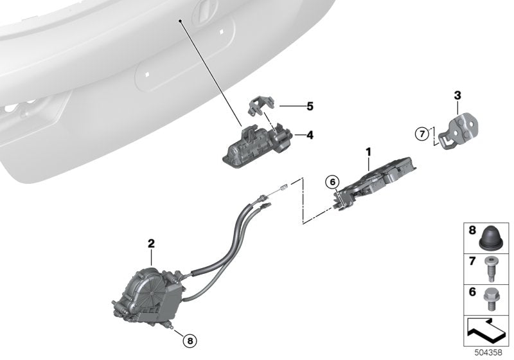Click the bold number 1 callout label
click(x=368, y=152)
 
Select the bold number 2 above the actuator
click(x=151, y=244)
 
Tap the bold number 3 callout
click(x=457, y=95)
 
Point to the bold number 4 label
click(x=310, y=135)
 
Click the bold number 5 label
click(x=310, y=106)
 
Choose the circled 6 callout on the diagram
click(x=332, y=182)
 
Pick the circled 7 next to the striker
click(x=422, y=134)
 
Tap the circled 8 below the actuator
click(x=190, y=341)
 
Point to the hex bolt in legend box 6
click(x=490, y=299)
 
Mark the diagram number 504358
click(x=488, y=353)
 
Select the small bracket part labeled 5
click(x=261, y=105)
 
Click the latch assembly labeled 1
click(x=374, y=184)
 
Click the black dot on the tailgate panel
click(x=181, y=21)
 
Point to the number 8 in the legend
click(x=472, y=230)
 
